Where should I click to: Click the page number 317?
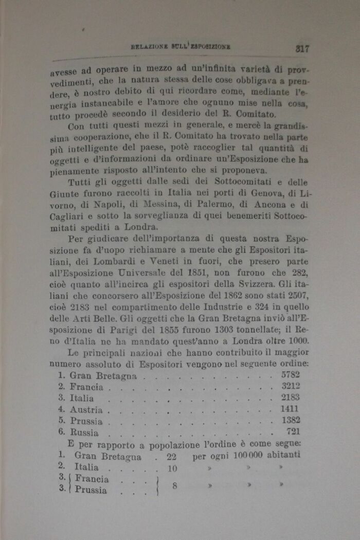tap(301, 49)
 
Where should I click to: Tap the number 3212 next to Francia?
tap(290, 386)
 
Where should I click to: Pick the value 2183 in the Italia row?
tap(290, 398)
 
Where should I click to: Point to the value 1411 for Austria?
tap(291, 409)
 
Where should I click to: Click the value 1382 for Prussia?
tap(291, 421)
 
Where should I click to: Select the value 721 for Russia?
tap(293, 432)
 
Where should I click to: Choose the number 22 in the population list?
tap(172, 456)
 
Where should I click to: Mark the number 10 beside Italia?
tap(173, 468)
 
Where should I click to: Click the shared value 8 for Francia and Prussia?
tap(175, 484)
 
